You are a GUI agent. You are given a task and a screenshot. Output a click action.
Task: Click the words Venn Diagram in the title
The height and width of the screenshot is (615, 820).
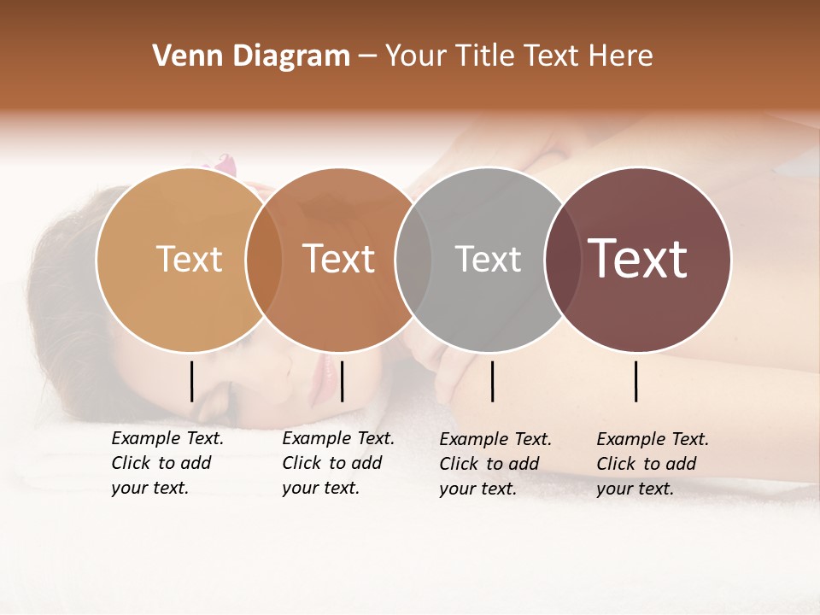[x=250, y=56]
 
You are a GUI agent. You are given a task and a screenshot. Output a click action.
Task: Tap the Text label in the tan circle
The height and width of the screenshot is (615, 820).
[x=189, y=259]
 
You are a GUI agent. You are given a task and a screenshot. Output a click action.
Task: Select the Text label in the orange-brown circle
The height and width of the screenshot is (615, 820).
[x=339, y=259]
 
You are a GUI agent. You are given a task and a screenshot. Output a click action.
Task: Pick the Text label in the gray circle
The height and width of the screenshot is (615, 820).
[x=488, y=259]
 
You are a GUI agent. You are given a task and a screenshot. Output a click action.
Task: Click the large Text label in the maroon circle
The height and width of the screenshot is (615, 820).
[x=638, y=259]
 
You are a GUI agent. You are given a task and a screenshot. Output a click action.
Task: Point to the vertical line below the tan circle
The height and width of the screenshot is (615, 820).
[x=191, y=381]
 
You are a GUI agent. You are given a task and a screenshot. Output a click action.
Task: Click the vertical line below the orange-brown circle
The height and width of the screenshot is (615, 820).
[x=342, y=381]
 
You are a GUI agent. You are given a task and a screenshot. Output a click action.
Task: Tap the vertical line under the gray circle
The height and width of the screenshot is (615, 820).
[x=492, y=381]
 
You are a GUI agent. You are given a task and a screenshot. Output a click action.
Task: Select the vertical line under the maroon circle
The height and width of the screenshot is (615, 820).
[x=636, y=381]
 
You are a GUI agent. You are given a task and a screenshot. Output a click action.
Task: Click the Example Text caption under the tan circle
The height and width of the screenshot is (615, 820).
[x=167, y=463]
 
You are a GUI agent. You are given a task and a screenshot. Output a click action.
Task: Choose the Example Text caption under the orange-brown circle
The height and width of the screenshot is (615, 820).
[x=337, y=463]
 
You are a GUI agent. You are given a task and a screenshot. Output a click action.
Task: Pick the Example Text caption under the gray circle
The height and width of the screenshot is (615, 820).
[x=495, y=464]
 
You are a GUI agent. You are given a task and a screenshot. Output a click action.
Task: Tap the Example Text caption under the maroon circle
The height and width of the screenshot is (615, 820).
[x=652, y=464]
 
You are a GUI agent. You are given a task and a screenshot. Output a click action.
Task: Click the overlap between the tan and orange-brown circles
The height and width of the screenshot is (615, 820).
[x=263, y=259]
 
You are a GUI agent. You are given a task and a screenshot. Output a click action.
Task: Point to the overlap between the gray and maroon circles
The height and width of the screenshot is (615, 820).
[x=562, y=259]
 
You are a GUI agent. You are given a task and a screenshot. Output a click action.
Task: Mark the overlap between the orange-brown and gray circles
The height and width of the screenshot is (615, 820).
[x=413, y=259]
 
